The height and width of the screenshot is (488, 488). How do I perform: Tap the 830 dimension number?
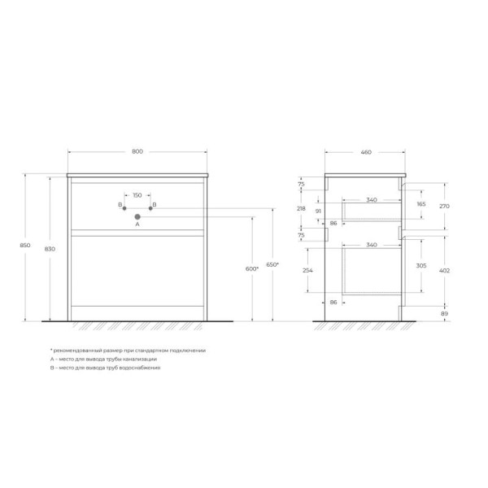tap(51, 249)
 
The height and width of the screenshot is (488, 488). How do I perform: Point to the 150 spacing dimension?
tap(137, 195)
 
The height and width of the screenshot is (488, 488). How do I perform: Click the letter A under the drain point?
tap(137, 225)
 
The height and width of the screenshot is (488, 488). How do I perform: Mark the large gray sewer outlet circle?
tap(137, 216)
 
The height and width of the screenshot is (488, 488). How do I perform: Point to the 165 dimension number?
tap(420, 203)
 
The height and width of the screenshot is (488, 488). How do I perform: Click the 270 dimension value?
tap(444, 207)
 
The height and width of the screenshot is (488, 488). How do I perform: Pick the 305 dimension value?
tap(420, 267)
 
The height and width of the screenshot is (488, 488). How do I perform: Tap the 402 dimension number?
tap(444, 269)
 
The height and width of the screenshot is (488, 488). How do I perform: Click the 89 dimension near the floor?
tap(442, 312)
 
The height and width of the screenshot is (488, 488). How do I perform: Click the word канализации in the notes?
tap(140, 359)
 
